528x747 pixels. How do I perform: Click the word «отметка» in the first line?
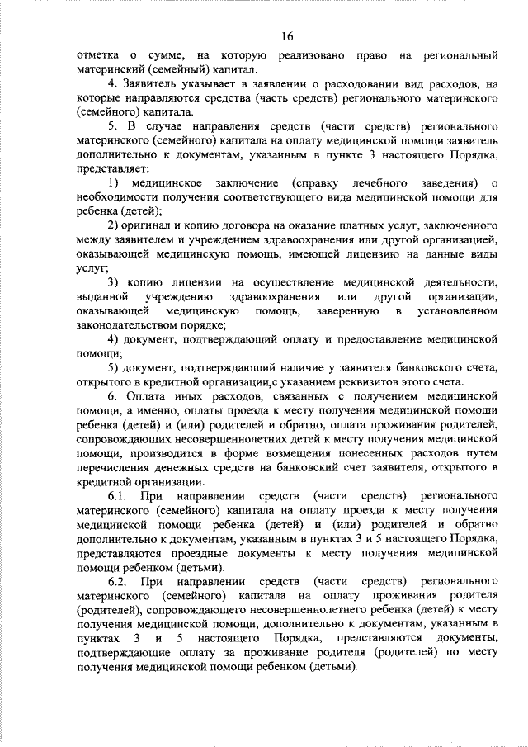(x=97, y=55)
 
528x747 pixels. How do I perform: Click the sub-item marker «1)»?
(x=115, y=182)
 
